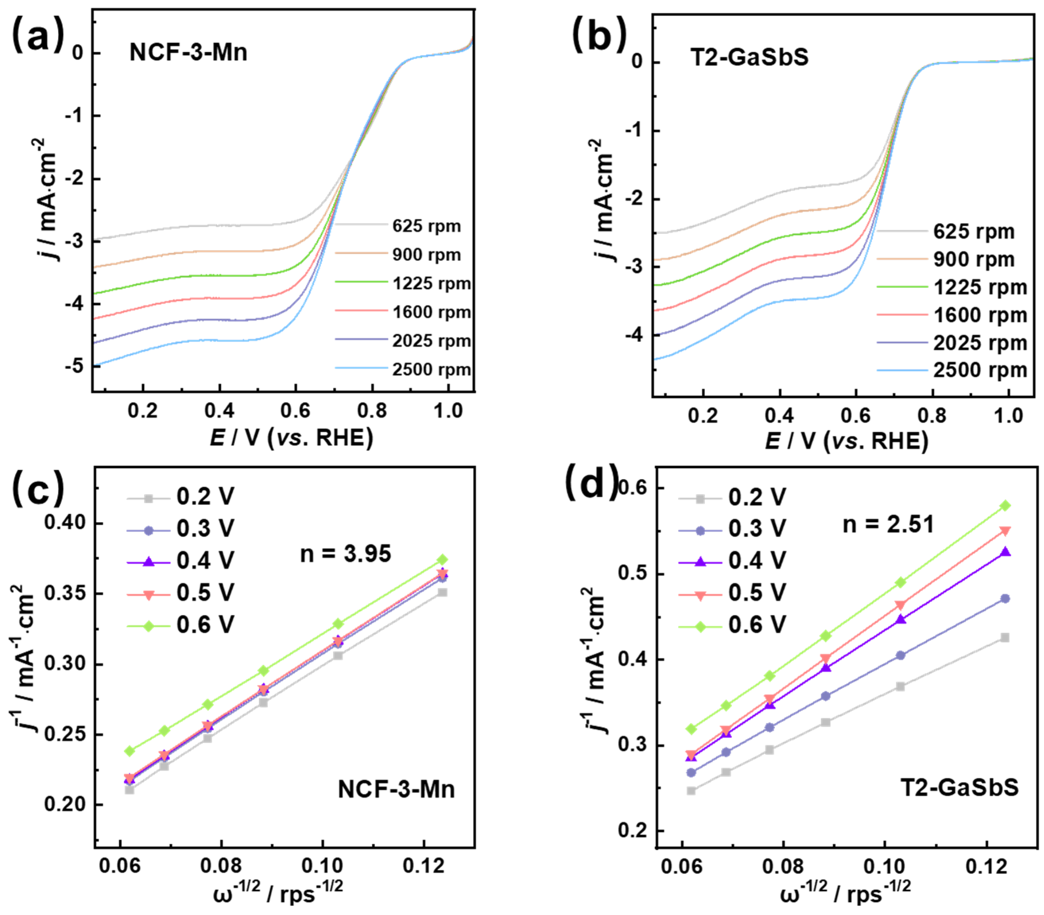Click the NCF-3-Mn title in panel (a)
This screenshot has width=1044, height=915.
pyautogui.click(x=188, y=53)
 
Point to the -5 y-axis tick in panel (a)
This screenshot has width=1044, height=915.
pyautogui.click(x=77, y=366)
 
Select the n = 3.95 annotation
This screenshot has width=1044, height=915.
pyautogui.click(x=346, y=554)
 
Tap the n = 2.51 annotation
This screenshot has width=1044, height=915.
pyautogui.click(x=888, y=525)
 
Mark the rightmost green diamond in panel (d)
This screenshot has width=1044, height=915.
pyautogui.click(x=1005, y=505)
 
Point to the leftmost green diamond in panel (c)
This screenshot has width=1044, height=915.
pyautogui.click(x=130, y=750)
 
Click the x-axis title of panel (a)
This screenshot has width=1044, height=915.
pyautogui.click(x=291, y=438)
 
